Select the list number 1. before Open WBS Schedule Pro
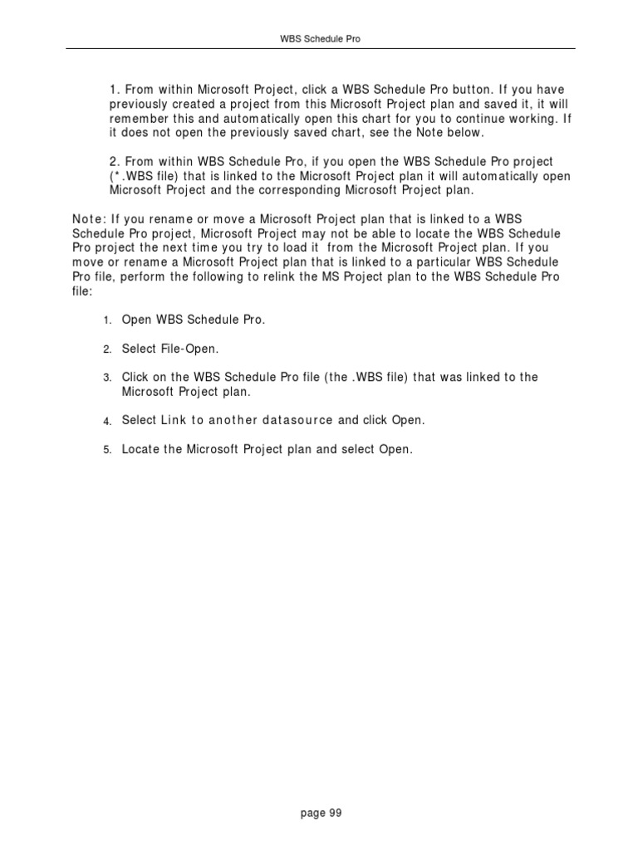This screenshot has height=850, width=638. coord(107,321)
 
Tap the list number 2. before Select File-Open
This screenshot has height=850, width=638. coord(107,349)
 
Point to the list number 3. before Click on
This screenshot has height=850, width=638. coord(107,378)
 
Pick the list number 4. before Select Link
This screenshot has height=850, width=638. coord(107,422)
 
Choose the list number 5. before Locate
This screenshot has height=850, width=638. coord(107,450)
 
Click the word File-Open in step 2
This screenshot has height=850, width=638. coord(185,349)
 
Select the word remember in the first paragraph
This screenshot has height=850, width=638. coord(139,118)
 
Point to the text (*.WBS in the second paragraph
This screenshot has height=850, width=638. coord(130,175)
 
